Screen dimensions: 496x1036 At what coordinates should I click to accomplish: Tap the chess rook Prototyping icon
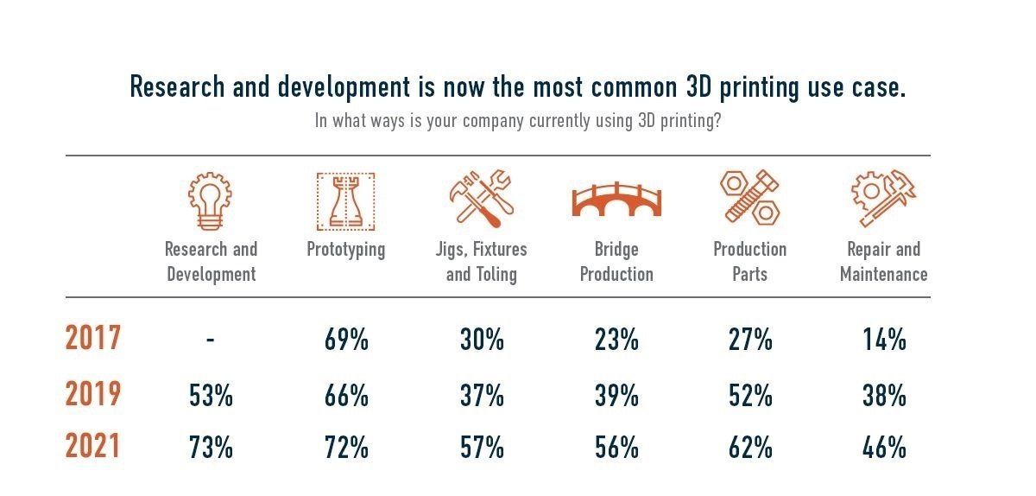pyautogui.click(x=345, y=200)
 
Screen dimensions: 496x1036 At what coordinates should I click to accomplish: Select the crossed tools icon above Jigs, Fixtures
pyautogui.click(x=481, y=197)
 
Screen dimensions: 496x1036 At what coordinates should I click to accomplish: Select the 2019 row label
pyautogui.click(x=93, y=395)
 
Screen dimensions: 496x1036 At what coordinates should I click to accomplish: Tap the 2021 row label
pyautogui.click(x=93, y=447)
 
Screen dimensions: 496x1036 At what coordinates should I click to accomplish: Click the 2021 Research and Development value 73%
pyautogui.click(x=211, y=448)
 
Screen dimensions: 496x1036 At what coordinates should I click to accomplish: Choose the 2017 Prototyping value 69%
pyautogui.click(x=346, y=340)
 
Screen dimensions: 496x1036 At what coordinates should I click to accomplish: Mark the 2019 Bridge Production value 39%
pyautogui.click(x=616, y=396)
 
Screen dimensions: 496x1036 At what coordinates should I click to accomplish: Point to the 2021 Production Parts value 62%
pyautogui.click(x=750, y=448)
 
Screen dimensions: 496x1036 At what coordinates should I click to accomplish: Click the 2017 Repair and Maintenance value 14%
pyautogui.click(x=884, y=340)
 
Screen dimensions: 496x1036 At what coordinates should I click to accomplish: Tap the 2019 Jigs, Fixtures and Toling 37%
pyautogui.click(x=481, y=396)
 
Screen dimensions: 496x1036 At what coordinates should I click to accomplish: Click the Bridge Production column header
pyautogui.click(x=616, y=262)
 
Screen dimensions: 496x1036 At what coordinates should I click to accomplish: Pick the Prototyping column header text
pyautogui.click(x=346, y=250)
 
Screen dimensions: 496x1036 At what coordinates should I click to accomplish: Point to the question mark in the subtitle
pyautogui.click(x=717, y=121)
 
